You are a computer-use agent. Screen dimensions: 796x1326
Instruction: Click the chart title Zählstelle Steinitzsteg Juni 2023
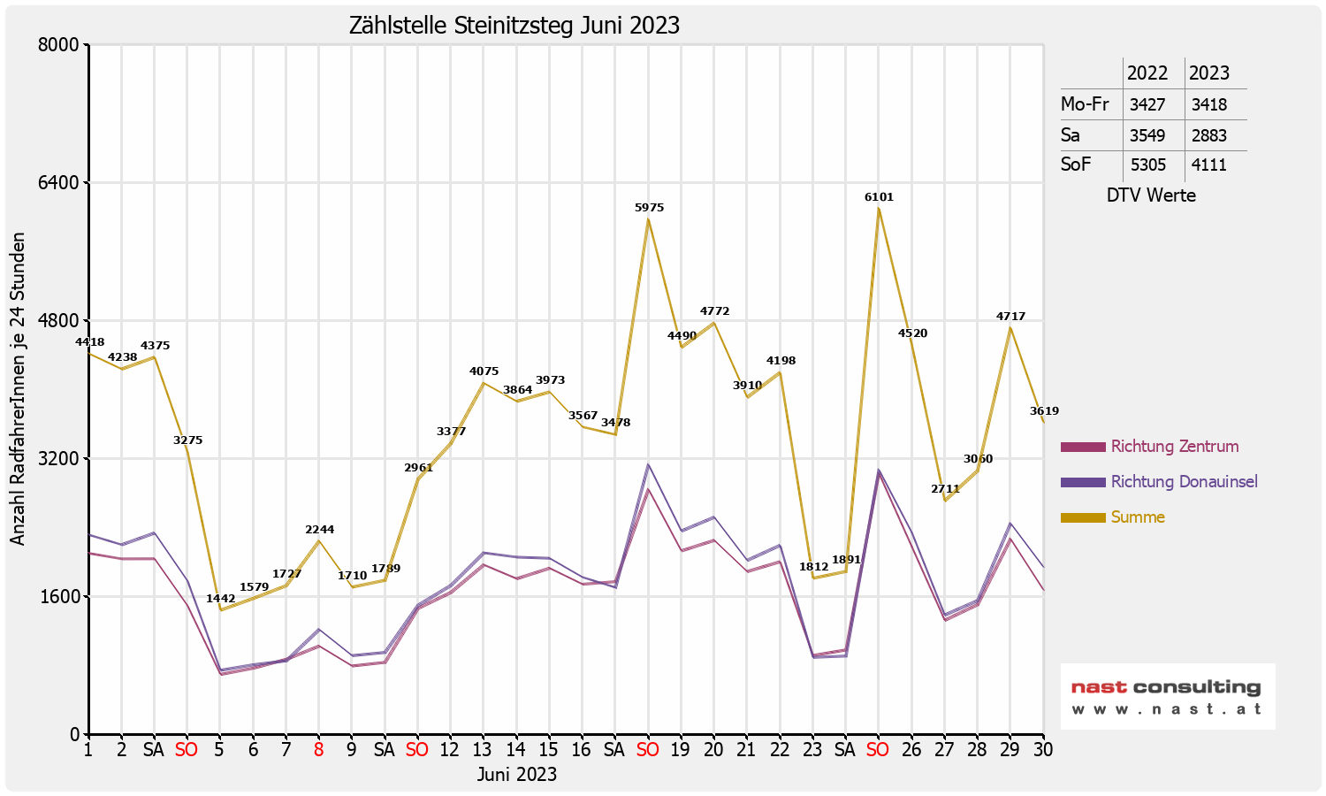click(x=514, y=25)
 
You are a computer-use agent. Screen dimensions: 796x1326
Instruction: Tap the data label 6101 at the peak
click(x=879, y=197)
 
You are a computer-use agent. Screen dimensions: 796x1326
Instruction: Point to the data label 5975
click(x=649, y=208)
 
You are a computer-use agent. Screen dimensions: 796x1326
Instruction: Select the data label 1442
click(x=221, y=599)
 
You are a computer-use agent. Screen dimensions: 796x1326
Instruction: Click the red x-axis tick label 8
click(x=318, y=750)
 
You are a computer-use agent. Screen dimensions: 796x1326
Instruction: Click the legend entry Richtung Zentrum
click(x=1174, y=447)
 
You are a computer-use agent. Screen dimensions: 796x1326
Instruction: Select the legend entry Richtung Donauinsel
click(x=1184, y=482)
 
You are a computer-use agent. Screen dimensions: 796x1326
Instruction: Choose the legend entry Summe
click(x=1138, y=517)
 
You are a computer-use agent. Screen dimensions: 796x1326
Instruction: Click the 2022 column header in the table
click(x=1147, y=73)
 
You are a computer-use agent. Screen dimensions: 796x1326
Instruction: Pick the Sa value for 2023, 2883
click(x=1208, y=135)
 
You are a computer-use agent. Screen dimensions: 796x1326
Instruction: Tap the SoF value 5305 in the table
click(x=1147, y=165)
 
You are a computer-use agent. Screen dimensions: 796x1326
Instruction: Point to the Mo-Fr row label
click(x=1085, y=104)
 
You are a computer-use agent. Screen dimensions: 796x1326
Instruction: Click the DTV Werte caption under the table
click(x=1151, y=195)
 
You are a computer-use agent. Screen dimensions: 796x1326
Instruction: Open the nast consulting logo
click(x=1167, y=696)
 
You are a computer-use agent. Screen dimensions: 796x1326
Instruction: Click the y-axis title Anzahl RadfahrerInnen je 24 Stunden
click(x=18, y=389)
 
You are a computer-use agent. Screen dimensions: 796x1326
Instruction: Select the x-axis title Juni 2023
click(x=517, y=775)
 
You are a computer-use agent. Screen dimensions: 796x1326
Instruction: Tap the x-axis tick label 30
click(x=1043, y=750)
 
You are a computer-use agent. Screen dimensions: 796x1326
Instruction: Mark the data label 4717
click(x=1010, y=317)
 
